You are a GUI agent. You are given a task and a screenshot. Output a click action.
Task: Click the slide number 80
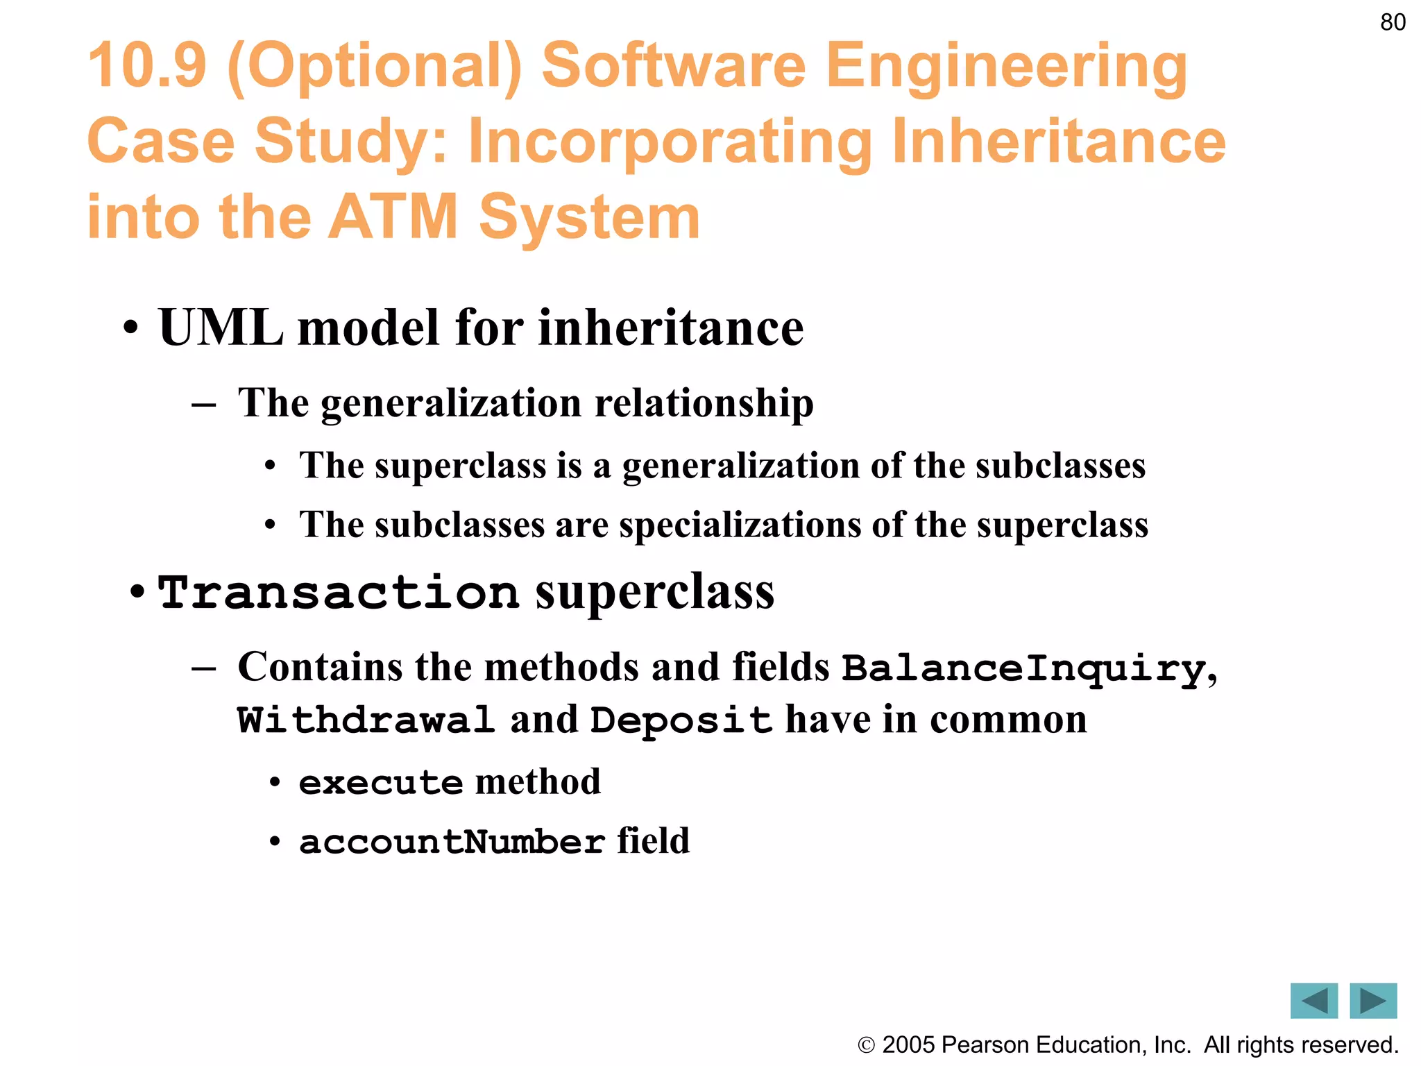point(1393,22)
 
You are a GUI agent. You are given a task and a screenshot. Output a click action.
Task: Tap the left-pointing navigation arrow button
point(1313,1001)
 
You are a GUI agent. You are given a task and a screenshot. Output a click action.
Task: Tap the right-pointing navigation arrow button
point(1373,1001)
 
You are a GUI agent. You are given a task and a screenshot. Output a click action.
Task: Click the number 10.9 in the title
point(147,66)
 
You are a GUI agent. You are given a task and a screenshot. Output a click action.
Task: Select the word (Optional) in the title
point(374,68)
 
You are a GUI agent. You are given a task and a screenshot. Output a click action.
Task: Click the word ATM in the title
point(393,217)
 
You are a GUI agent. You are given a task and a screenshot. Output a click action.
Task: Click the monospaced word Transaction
point(338,593)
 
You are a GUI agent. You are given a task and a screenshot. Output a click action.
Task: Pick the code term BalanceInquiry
point(1023,668)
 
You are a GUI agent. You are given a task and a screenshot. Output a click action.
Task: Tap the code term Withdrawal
point(366,720)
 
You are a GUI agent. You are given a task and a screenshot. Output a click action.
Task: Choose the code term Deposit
point(681,720)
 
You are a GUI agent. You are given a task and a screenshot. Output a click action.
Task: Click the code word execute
point(380,783)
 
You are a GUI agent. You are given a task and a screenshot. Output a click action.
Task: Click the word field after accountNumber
point(653,840)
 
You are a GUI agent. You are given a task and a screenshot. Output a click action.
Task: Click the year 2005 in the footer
point(909,1044)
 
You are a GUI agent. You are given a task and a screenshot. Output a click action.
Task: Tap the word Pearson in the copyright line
point(985,1044)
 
